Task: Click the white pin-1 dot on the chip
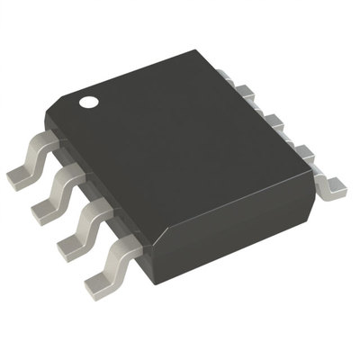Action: (x=89, y=103)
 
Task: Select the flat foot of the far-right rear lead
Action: (x=335, y=187)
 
